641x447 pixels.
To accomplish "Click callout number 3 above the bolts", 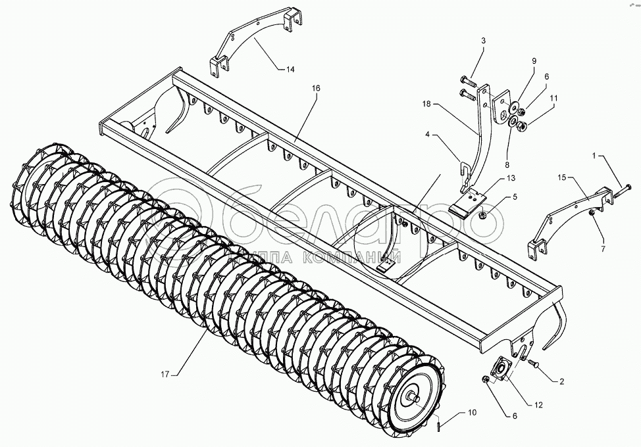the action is point(483,41).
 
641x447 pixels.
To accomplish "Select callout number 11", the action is point(553,98).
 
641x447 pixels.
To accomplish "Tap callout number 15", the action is point(562,177).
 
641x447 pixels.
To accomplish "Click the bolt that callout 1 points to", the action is point(623,193).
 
